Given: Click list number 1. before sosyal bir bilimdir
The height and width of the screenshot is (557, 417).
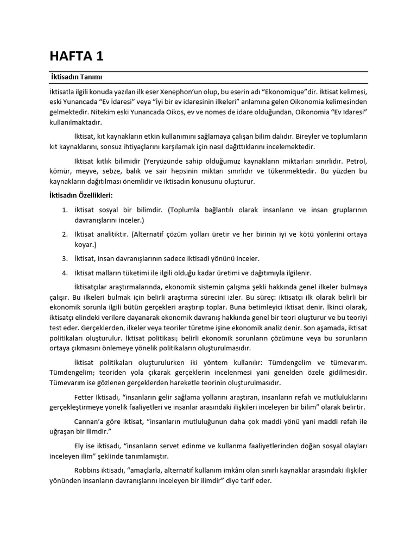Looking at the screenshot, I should [64, 209].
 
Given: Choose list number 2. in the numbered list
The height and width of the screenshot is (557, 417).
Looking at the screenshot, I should [64, 234].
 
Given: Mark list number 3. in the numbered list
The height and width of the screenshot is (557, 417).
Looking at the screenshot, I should [64, 258].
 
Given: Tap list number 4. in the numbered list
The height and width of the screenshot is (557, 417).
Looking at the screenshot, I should [64, 273].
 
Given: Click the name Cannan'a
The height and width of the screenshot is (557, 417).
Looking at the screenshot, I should [88, 422].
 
